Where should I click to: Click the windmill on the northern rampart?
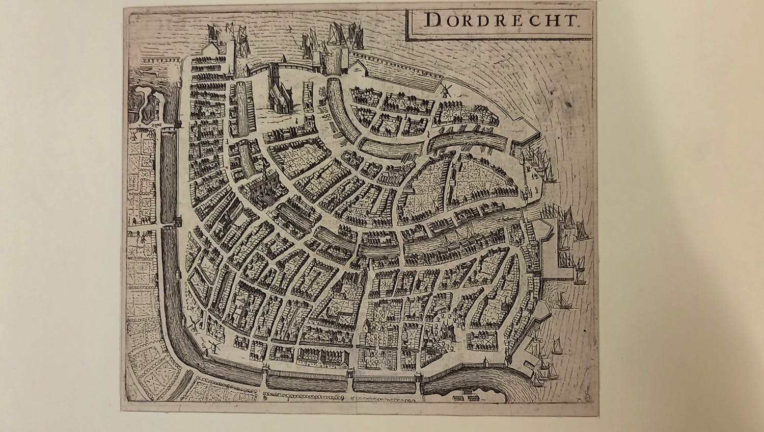pos(446,90)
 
